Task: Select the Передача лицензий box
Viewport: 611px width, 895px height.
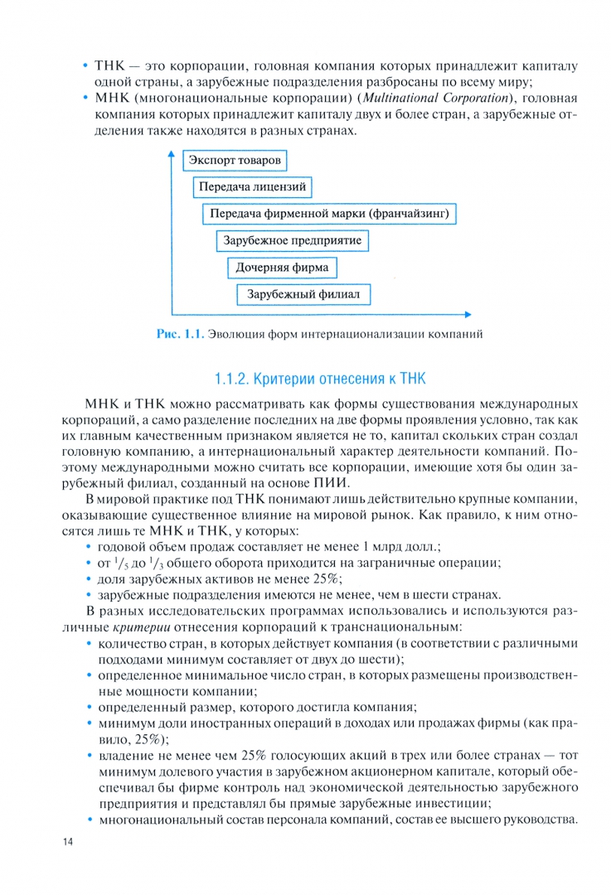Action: [253, 187]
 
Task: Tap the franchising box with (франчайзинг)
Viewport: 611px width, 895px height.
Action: [330, 214]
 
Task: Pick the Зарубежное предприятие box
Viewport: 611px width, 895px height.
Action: [293, 241]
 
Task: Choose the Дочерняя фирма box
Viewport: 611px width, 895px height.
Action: [282, 268]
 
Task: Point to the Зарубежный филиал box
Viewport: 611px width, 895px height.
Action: [303, 294]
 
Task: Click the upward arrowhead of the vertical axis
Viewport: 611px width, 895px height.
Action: [172, 155]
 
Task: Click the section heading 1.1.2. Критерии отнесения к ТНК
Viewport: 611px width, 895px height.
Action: [319, 380]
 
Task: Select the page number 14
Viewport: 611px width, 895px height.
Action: [68, 843]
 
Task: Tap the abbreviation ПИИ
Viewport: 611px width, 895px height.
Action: [337, 483]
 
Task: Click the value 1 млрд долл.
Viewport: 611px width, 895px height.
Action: [382, 547]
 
